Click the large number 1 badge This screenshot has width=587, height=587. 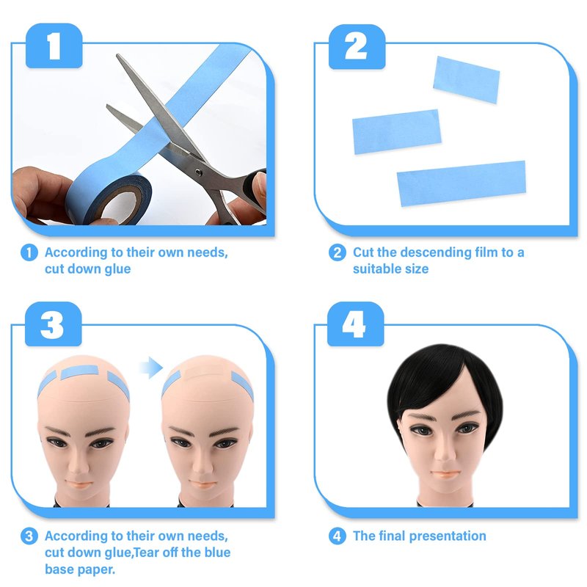54,45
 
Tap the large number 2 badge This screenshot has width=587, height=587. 357,46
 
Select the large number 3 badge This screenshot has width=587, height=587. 53,324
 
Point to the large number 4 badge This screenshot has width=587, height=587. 356,324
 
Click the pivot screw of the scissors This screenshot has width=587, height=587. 199,172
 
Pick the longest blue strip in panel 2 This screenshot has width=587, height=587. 462,183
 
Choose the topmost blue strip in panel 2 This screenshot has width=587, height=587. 467,80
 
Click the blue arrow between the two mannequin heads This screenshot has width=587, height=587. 151,368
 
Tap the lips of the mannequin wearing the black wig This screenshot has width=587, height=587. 445,474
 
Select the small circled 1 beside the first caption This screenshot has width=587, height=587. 29,252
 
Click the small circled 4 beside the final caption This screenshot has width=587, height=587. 337,536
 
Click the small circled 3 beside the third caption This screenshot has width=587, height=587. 29,536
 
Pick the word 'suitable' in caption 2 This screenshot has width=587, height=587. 377,269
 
